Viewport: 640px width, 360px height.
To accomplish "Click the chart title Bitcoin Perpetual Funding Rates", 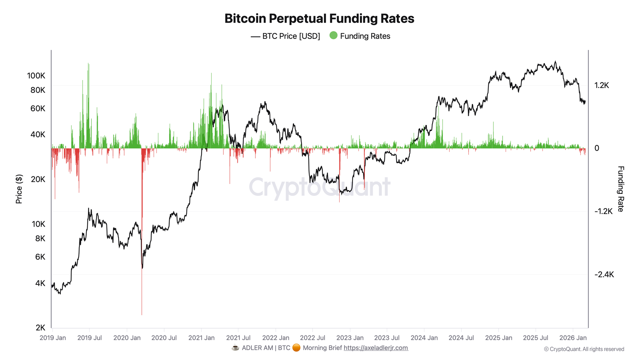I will point(319,19).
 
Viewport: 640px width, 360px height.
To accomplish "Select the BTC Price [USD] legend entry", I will point(285,36).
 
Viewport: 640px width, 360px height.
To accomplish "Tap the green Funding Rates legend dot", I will point(333,36).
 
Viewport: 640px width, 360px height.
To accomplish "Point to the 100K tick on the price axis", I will point(36,76).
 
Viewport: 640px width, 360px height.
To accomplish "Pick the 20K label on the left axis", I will point(38,179).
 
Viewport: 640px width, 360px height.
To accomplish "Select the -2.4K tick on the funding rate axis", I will point(604,275).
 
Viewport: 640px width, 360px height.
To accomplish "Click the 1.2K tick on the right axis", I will point(602,85).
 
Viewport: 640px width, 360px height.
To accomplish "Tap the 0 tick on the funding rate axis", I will point(597,148).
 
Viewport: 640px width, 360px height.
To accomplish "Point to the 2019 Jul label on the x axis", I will point(90,338).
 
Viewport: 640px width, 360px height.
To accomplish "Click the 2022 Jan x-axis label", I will point(276,338).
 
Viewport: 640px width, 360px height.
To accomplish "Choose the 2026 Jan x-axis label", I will point(573,338).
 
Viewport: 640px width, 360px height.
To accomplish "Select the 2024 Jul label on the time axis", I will point(461,338).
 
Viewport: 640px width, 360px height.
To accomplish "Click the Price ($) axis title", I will point(19,189).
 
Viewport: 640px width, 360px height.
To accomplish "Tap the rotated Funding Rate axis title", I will point(620,189).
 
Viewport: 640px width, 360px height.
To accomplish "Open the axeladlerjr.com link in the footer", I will point(376,348).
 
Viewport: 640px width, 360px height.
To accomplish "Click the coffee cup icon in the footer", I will point(235,348).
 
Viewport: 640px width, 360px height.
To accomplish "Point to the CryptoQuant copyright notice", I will point(584,349).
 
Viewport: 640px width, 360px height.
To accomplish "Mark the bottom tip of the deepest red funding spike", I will point(142,315).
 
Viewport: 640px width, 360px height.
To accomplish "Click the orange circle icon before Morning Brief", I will point(296,348).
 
